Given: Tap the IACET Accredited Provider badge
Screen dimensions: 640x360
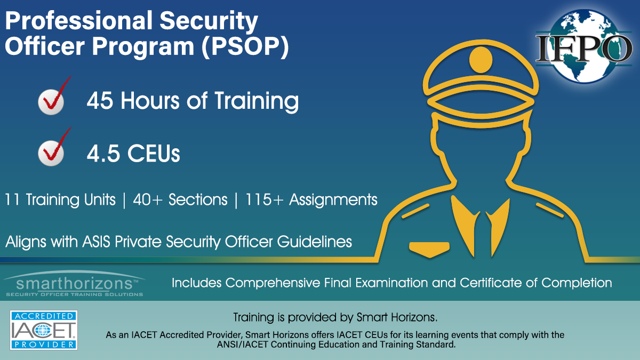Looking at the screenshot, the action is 44,330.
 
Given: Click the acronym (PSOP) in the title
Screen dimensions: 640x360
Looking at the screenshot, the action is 245,46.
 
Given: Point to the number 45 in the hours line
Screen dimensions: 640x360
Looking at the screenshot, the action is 100,101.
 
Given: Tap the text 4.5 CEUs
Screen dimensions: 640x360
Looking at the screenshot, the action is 133,154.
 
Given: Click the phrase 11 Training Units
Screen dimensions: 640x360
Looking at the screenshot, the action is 60,199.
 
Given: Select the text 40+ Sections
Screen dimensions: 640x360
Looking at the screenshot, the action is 180,199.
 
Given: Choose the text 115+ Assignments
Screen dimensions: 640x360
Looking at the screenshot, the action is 311,199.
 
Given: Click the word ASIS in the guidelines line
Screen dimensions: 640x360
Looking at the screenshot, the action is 97,242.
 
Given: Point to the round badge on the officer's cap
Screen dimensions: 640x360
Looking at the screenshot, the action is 481,60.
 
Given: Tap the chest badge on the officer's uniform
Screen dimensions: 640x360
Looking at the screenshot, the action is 429,249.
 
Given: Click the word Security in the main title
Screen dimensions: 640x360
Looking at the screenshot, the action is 209,21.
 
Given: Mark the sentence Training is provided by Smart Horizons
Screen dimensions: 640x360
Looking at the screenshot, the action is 335,317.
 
